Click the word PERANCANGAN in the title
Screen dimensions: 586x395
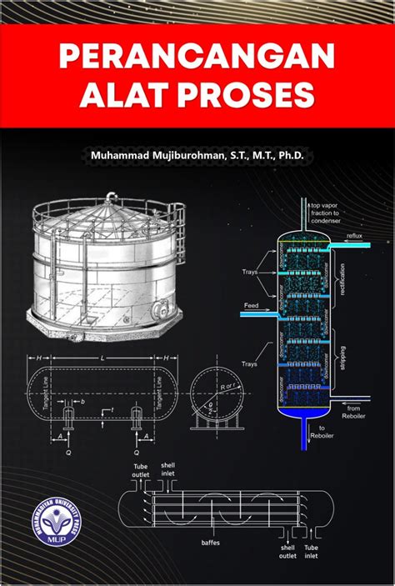(x=197, y=58)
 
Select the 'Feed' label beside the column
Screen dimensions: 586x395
(x=251, y=306)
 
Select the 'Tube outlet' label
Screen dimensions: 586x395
(x=139, y=471)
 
